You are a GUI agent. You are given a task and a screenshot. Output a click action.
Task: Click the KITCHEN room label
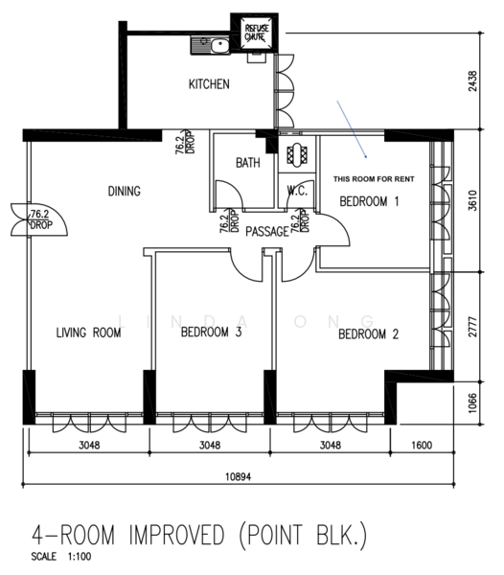209,84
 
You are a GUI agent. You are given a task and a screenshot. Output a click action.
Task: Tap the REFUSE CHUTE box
254,32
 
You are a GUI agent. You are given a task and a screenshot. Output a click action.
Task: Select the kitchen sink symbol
210,45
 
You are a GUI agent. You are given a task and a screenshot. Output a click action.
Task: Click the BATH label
248,163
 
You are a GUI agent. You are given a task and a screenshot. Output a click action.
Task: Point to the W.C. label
297,191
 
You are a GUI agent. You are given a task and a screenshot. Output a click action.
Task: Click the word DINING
125,191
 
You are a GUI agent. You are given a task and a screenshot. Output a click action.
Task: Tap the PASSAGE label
267,231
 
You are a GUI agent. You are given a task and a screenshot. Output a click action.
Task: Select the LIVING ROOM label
89,333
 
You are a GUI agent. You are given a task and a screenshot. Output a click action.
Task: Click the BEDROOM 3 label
212,332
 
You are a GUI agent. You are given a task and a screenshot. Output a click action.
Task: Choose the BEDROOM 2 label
368,334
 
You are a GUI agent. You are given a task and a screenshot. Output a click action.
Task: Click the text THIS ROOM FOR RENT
374,179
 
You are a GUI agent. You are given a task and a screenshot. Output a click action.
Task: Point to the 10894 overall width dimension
239,476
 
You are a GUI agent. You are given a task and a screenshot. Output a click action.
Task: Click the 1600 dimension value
422,446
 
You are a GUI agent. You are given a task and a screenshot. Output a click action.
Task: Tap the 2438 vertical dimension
473,81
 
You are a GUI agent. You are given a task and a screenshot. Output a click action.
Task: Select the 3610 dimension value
473,200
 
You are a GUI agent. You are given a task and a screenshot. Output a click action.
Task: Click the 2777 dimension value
473,327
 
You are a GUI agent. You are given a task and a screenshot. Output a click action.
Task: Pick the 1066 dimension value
473,403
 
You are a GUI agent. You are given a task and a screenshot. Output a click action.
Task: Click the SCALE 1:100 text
61,556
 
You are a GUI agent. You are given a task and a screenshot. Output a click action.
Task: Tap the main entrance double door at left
39,219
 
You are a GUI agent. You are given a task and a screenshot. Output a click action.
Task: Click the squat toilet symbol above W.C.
297,154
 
